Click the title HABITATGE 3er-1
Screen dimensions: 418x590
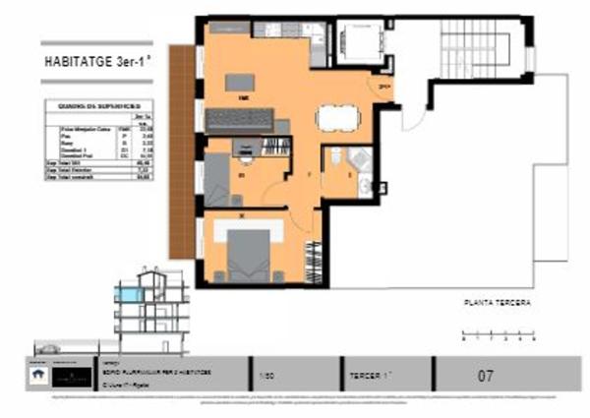pyautogui.click(x=95, y=60)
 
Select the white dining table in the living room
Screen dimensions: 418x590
pyautogui.click(x=333, y=118)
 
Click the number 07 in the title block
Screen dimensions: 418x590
pyautogui.click(x=485, y=375)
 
